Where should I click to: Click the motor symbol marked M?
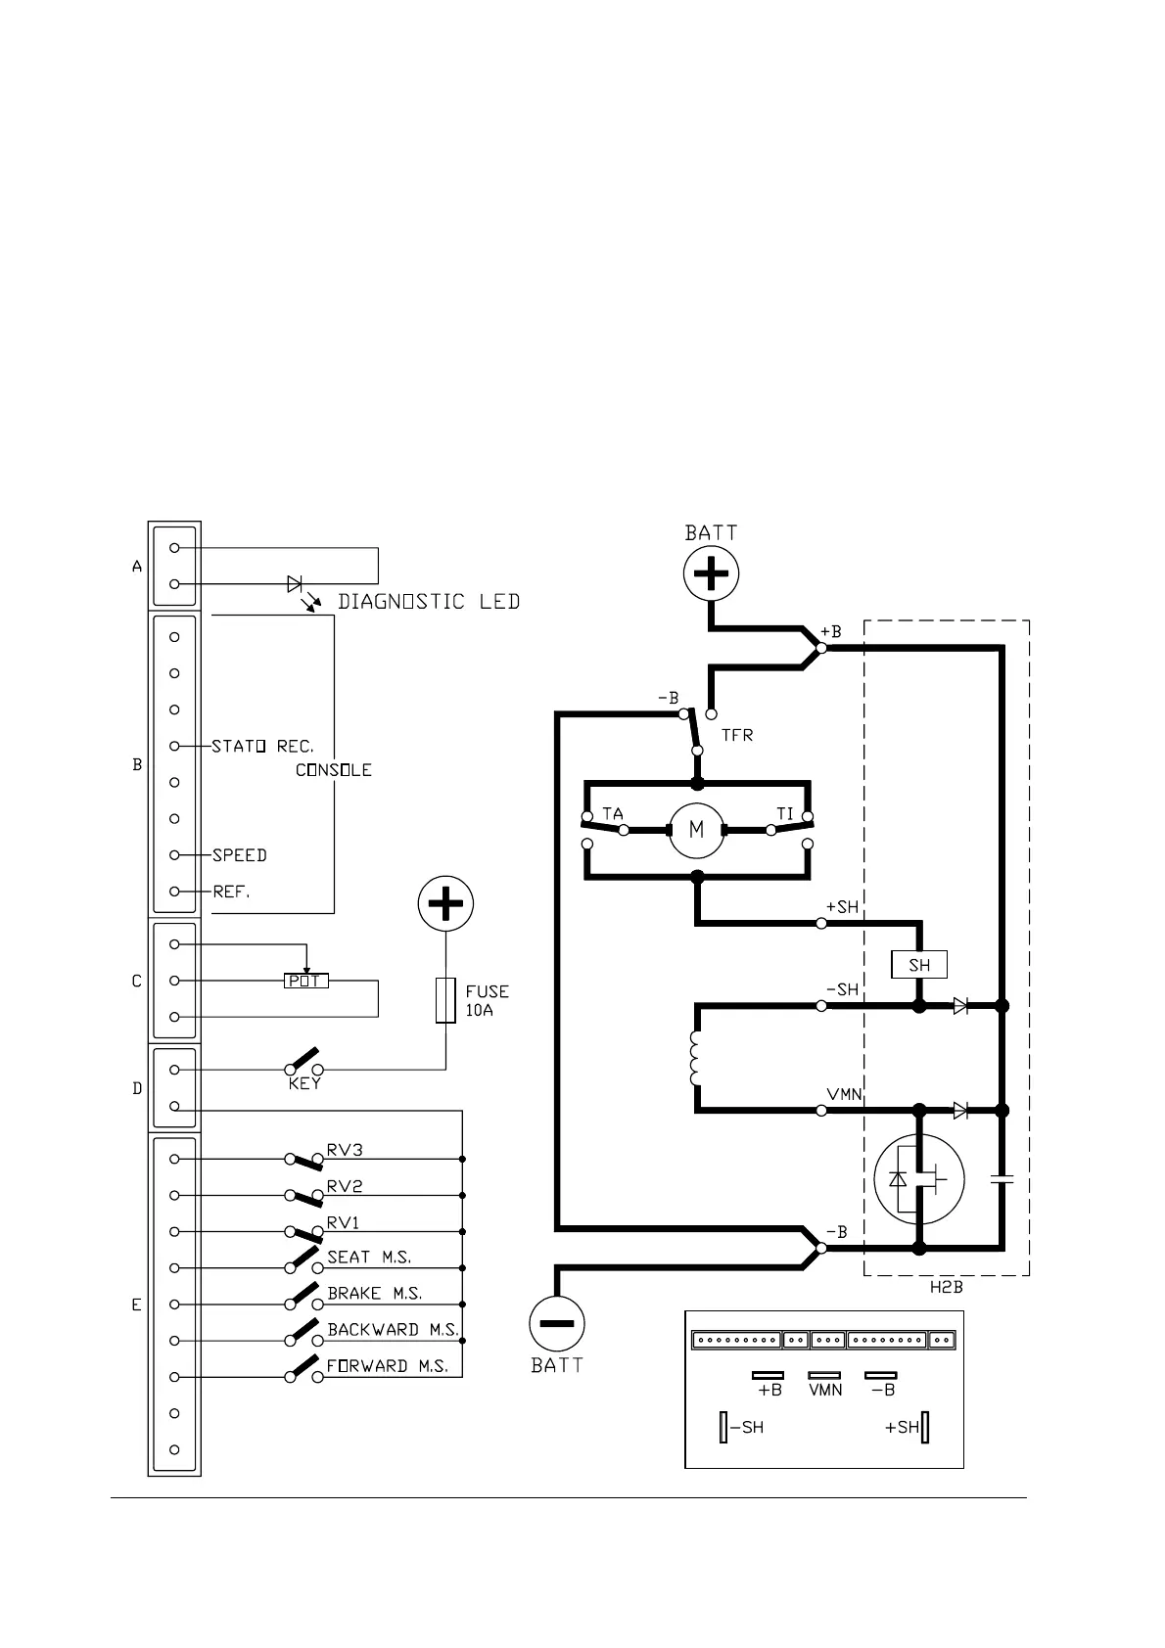tap(696, 830)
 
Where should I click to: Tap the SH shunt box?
tap(919, 965)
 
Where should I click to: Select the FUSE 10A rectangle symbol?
tap(445, 999)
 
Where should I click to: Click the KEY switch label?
tap(304, 1084)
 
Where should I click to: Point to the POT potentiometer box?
tap(305, 981)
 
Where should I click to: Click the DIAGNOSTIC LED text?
tap(429, 601)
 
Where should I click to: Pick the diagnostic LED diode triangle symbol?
tap(295, 584)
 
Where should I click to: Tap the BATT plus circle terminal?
tap(711, 573)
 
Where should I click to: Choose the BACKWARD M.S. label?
tap(393, 1329)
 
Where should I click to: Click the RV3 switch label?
tap(345, 1150)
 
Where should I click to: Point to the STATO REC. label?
tap(262, 746)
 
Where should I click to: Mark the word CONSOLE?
tap(334, 770)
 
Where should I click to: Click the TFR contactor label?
tap(737, 735)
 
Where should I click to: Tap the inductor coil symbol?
tap(696, 1058)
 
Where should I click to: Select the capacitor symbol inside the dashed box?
tap(1002, 1180)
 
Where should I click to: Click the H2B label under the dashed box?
tap(946, 1288)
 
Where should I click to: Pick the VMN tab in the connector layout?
tap(825, 1375)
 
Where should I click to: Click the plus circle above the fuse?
tap(445, 904)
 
